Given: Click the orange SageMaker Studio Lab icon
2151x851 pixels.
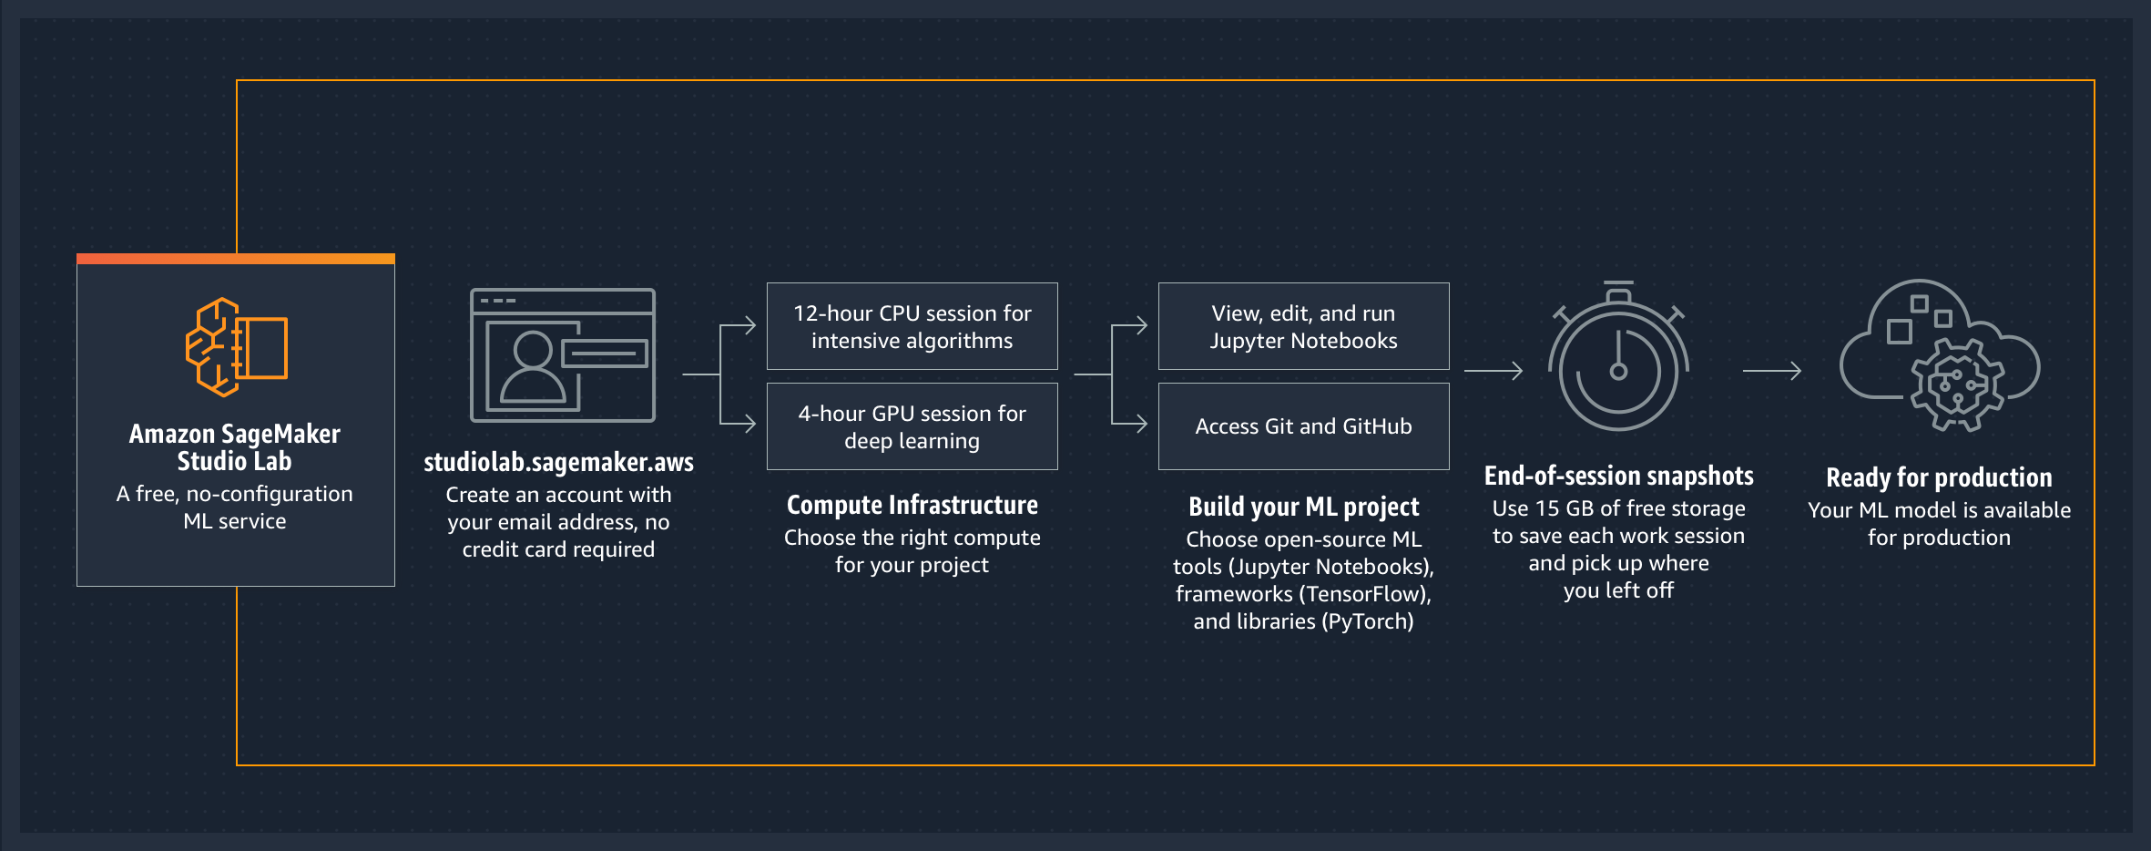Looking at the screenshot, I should point(237,347).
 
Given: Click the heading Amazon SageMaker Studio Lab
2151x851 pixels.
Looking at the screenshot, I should point(235,446).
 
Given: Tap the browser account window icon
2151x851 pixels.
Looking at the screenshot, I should point(562,354).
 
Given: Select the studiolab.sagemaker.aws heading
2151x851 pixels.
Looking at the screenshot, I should point(558,462).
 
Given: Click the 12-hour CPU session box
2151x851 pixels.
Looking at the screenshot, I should point(912,326).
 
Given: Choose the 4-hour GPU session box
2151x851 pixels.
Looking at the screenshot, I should point(912,426).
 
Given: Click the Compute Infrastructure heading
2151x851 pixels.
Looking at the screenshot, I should point(912,505).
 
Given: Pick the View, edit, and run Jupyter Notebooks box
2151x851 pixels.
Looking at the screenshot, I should point(1303,326).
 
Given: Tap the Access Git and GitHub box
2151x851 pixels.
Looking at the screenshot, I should point(1303,426).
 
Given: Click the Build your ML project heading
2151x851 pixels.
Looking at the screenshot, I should point(1303,507).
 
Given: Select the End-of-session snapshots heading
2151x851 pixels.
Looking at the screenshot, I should point(1618,476).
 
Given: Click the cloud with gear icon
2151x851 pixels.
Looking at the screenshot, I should point(1940,356).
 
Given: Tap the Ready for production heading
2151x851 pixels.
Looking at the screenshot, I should point(1939,477).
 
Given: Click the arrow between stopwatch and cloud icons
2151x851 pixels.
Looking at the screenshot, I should point(1771,371).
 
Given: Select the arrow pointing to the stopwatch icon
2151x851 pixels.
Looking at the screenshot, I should point(1493,371).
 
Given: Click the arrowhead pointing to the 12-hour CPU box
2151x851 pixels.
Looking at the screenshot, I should point(749,325).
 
